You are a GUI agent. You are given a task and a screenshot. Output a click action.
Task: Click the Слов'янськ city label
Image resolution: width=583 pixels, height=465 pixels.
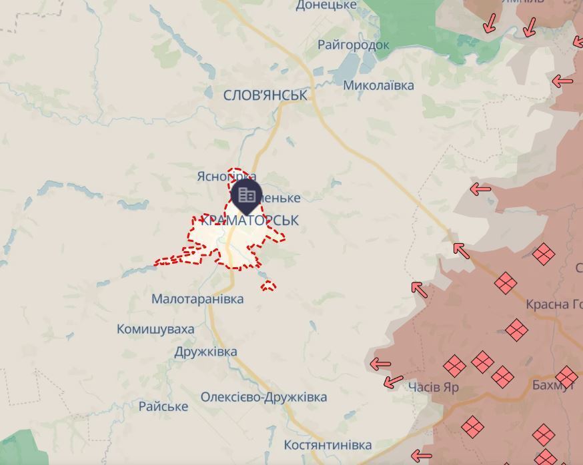(x=265, y=95)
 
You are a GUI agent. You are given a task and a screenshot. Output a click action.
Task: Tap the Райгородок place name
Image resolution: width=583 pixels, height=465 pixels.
(x=353, y=45)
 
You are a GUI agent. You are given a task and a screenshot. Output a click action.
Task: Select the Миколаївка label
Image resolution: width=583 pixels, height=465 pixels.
(x=378, y=85)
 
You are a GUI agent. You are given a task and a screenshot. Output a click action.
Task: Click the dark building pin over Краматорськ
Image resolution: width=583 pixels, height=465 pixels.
(x=247, y=195)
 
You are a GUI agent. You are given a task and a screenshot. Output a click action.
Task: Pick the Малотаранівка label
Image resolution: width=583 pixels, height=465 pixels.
(x=197, y=299)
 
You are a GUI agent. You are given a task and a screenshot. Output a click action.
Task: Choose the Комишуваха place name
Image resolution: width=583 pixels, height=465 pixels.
(x=155, y=329)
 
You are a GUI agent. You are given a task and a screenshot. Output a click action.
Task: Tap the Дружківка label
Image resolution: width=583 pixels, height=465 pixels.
(x=205, y=352)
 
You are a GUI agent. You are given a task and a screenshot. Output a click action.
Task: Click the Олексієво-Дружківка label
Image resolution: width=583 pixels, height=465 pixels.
(x=263, y=397)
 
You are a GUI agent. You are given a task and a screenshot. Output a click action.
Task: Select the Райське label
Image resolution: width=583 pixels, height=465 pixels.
(x=163, y=406)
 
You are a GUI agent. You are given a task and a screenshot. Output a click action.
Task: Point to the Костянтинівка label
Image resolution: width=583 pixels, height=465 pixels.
(x=328, y=444)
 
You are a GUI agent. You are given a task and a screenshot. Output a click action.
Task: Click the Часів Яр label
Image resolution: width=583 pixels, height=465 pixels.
(x=433, y=387)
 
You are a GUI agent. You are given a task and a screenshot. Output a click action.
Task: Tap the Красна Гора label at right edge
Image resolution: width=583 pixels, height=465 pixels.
(x=554, y=304)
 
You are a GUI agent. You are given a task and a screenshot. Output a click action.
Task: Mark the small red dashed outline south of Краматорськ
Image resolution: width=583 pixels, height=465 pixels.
(x=268, y=286)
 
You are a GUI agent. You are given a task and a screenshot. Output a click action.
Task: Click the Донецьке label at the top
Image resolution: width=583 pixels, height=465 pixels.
(x=326, y=5)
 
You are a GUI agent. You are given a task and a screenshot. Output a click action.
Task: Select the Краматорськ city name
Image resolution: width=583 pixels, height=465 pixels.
(x=249, y=221)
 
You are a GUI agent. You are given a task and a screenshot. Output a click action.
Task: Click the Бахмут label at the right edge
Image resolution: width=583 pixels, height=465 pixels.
(x=553, y=385)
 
